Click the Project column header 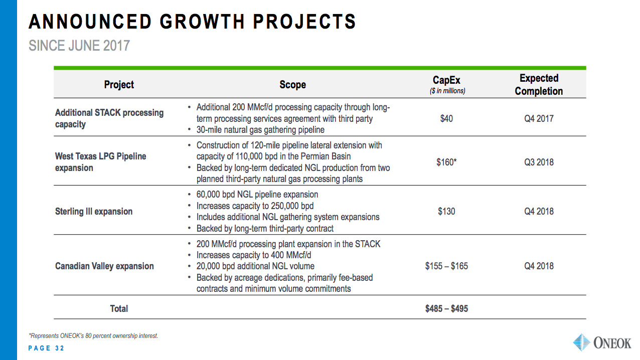pos(119,85)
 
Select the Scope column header pos(292,85)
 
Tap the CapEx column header pos(446,80)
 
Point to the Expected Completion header pos(539,84)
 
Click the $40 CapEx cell pos(446,119)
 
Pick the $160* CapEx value pos(446,162)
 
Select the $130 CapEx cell pos(446,211)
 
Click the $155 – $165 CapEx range pos(446,266)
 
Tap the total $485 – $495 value pos(446,308)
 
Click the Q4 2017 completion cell pos(539,119)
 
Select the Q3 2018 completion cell pos(539,162)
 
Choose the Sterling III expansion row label pos(94,211)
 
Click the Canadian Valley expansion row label pos(104,266)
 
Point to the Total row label pos(119,308)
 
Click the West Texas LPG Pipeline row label pos(100,162)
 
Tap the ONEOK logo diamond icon pos(581,342)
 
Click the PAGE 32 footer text pos(46,348)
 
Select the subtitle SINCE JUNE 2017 pos(79,46)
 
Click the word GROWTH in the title pos(202,22)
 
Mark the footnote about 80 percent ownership pos(93,336)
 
